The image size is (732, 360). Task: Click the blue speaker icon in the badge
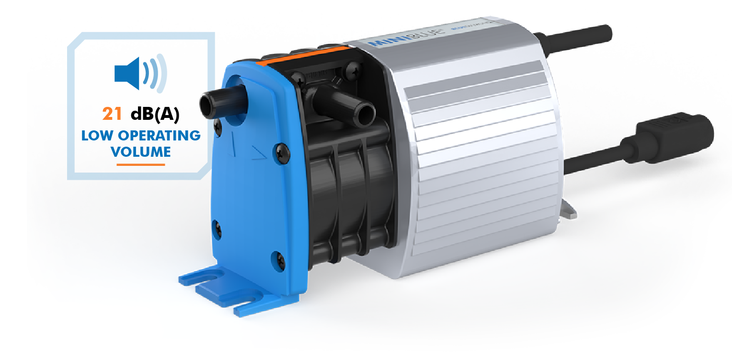[x=140, y=72]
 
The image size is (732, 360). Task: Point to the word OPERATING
[x=160, y=136]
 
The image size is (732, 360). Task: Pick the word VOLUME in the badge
[x=140, y=152]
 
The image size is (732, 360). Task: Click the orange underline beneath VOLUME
[x=140, y=164]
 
